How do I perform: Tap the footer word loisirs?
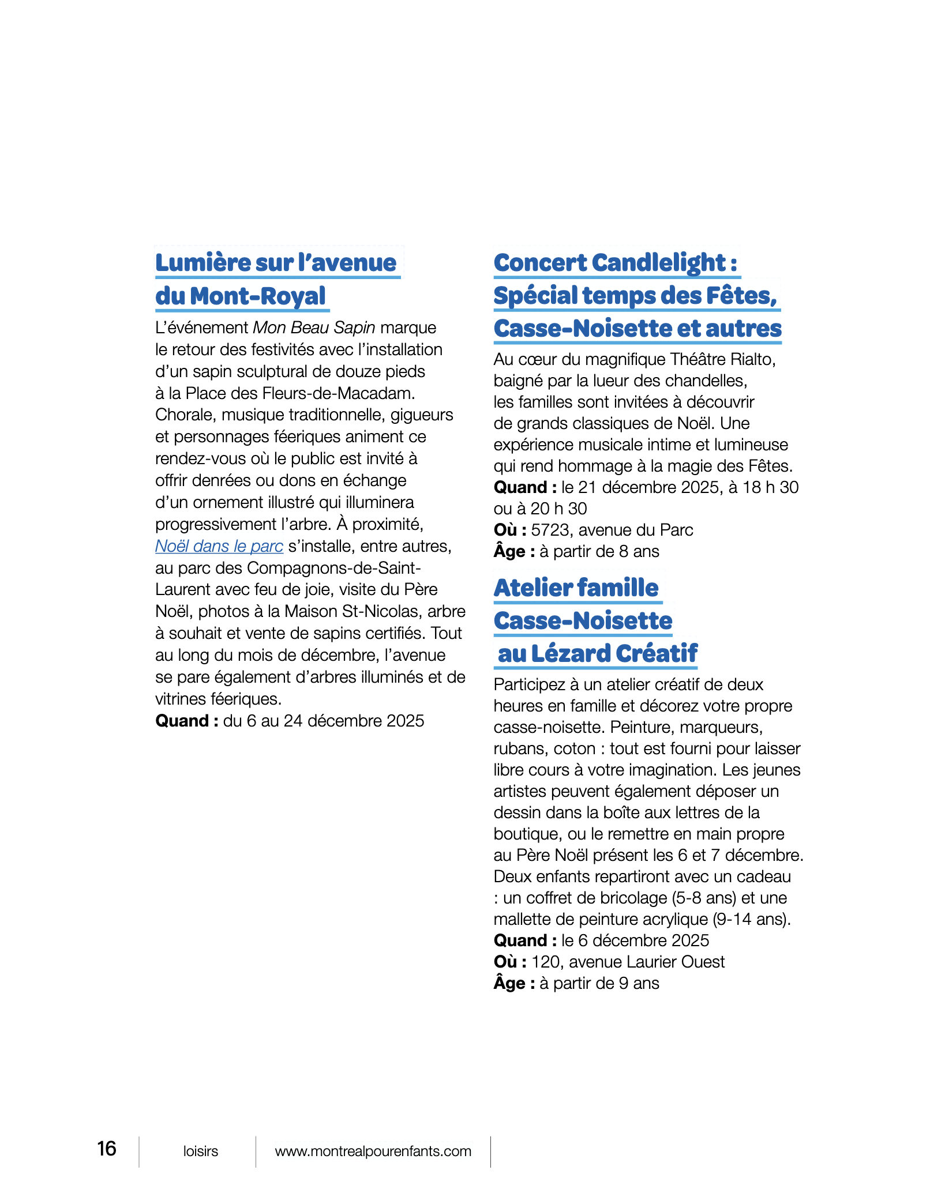(x=201, y=1151)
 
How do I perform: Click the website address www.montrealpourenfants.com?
(x=373, y=1151)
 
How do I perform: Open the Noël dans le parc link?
(x=219, y=546)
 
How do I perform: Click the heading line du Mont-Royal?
(x=241, y=296)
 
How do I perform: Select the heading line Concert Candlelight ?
(x=616, y=263)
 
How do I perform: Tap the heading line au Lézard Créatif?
(x=597, y=653)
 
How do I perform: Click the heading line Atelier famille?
(x=576, y=588)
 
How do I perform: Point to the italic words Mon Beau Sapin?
(x=314, y=328)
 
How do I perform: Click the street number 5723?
(x=552, y=530)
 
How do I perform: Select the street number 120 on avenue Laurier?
(x=545, y=962)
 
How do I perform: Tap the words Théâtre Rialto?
(x=723, y=359)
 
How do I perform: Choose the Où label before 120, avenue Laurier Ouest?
(x=509, y=962)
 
